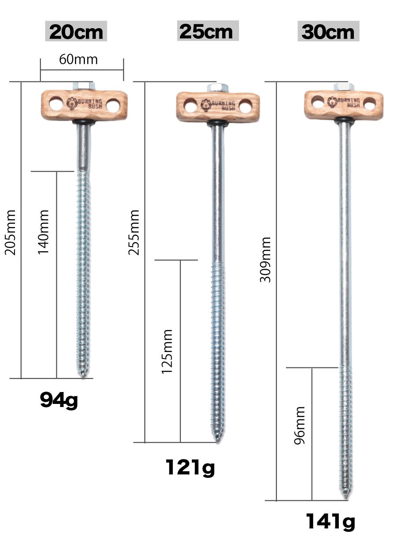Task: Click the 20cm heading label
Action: click(76, 32)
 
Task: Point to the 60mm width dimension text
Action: click(78, 59)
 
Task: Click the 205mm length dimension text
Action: click(11, 232)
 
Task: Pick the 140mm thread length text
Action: click(43, 232)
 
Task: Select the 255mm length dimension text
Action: click(134, 232)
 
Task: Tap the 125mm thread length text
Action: click(167, 352)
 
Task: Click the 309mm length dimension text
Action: click(266, 260)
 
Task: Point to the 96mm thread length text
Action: click(300, 425)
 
